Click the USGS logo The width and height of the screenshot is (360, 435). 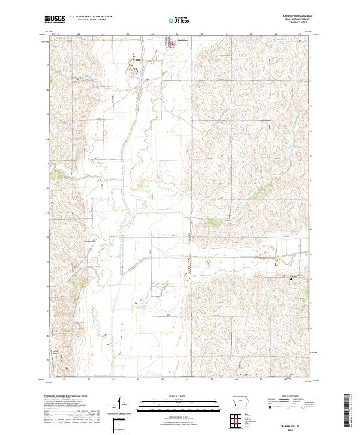pyautogui.click(x=55, y=19)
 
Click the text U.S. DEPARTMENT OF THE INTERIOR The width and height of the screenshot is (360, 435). pyautogui.click(x=91, y=17)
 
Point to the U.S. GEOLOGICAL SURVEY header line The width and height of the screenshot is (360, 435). pyautogui.click(x=88, y=20)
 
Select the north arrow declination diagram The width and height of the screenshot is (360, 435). pyautogui.click(x=119, y=405)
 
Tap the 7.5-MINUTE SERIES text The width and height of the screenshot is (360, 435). pyautogui.click(x=304, y=22)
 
